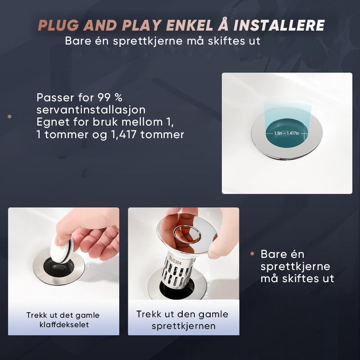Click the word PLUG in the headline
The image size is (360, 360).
pos(58,25)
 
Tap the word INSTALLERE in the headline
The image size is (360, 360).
pos(279,25)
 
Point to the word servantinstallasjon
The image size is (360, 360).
pos(91,109)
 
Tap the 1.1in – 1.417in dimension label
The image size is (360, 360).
pos(287,133)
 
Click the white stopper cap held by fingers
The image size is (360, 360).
pos(61,250)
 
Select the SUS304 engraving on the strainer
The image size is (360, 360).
pos(175,261)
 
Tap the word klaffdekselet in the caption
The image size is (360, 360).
pos(64,324)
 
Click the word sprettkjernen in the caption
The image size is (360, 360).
pos(184,326)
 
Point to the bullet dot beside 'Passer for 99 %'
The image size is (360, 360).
pos(9,117)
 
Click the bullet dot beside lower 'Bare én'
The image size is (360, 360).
pos(252,254)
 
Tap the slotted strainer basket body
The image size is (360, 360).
pos(177,270)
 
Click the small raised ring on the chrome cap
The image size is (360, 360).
pos(187,235)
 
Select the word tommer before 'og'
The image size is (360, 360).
pos(66,134)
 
